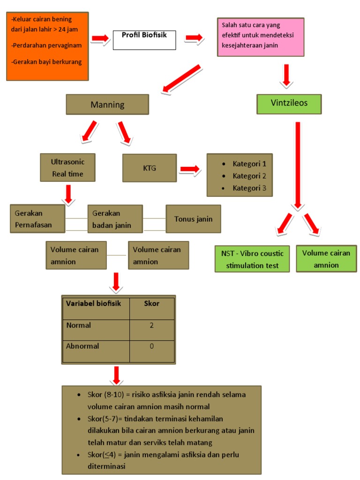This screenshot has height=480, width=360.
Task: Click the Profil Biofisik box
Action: [144, 40]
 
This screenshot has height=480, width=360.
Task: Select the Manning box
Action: [107, 105]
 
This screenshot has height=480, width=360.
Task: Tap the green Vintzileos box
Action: [289, 104]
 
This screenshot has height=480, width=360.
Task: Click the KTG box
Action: [150, 168]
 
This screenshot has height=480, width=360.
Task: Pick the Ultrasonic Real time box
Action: [67, 168]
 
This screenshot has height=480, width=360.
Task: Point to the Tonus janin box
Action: [193, 219]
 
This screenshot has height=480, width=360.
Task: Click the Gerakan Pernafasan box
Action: [37, 219]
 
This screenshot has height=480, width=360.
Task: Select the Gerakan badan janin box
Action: [115, 219]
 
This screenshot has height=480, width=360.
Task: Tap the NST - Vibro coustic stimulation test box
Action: [252, 259]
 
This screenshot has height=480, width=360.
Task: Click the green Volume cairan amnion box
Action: [326, 259]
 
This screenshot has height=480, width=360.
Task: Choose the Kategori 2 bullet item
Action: [249, 176]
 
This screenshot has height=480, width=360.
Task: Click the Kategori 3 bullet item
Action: [249, 188]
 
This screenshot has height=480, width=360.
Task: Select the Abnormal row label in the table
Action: [83, 346]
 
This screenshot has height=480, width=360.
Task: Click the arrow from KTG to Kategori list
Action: [190, 169]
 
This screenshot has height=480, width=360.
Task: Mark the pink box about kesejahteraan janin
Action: [261, 37]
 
